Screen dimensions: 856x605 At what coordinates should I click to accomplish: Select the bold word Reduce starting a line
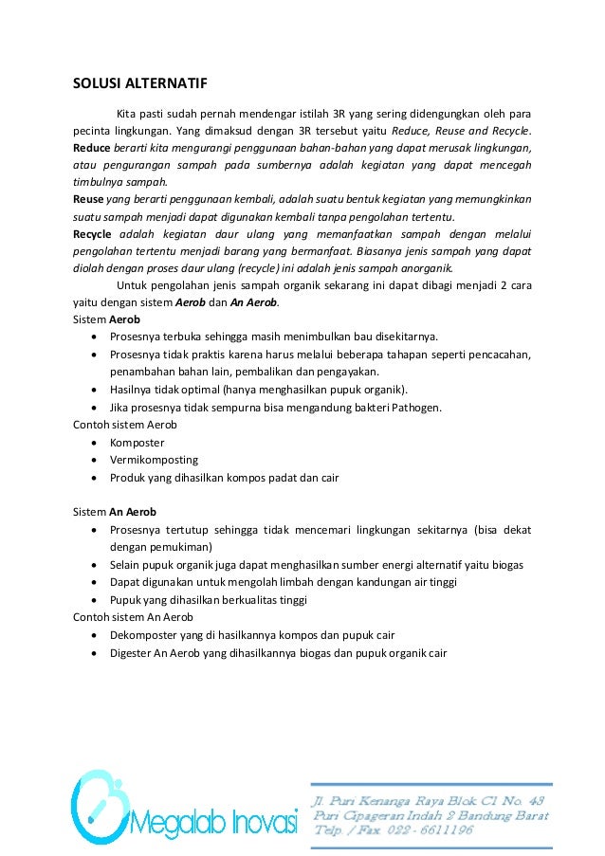[93, 149]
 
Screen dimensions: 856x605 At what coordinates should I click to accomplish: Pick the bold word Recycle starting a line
[95, 233]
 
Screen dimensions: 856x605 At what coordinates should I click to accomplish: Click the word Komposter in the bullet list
[137, 443]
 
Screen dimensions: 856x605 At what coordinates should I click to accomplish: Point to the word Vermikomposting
[154, 460]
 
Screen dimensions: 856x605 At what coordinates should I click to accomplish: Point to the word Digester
[133, 652]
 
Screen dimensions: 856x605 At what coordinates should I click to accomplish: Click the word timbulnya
[100, 183]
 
